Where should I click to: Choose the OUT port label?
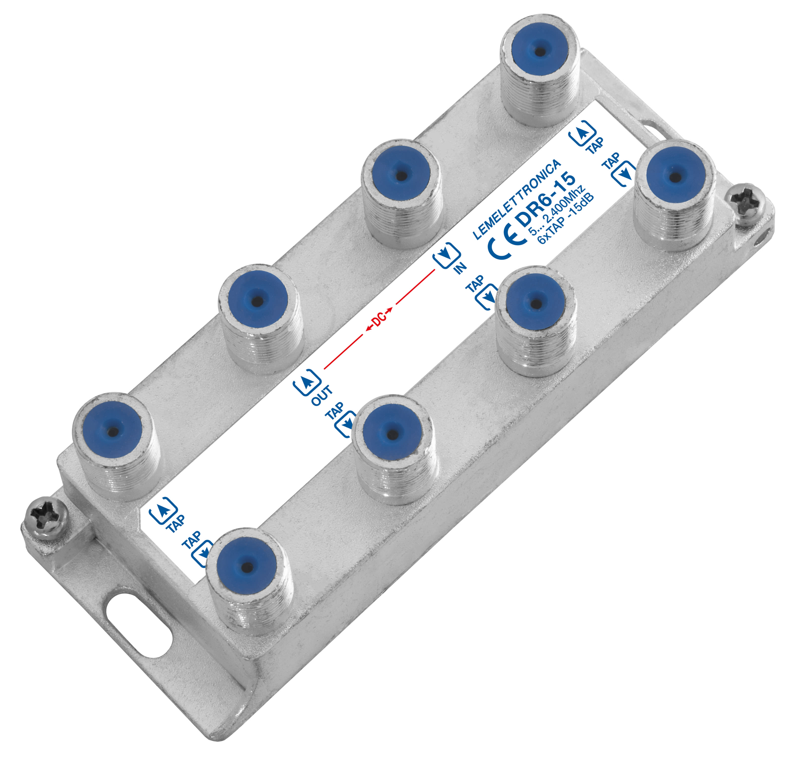point(321,395)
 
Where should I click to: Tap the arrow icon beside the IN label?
point(446,254)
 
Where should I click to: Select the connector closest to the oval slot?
point(246,567)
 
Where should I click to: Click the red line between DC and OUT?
point(343,351)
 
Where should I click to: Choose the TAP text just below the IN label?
point(475,283)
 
